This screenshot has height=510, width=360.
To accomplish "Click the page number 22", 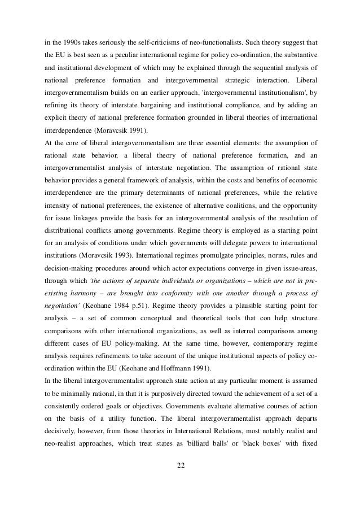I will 180,465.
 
